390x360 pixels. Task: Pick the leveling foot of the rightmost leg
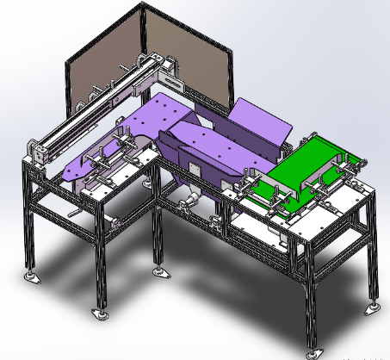pyautogui.click(x=373, y=307)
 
